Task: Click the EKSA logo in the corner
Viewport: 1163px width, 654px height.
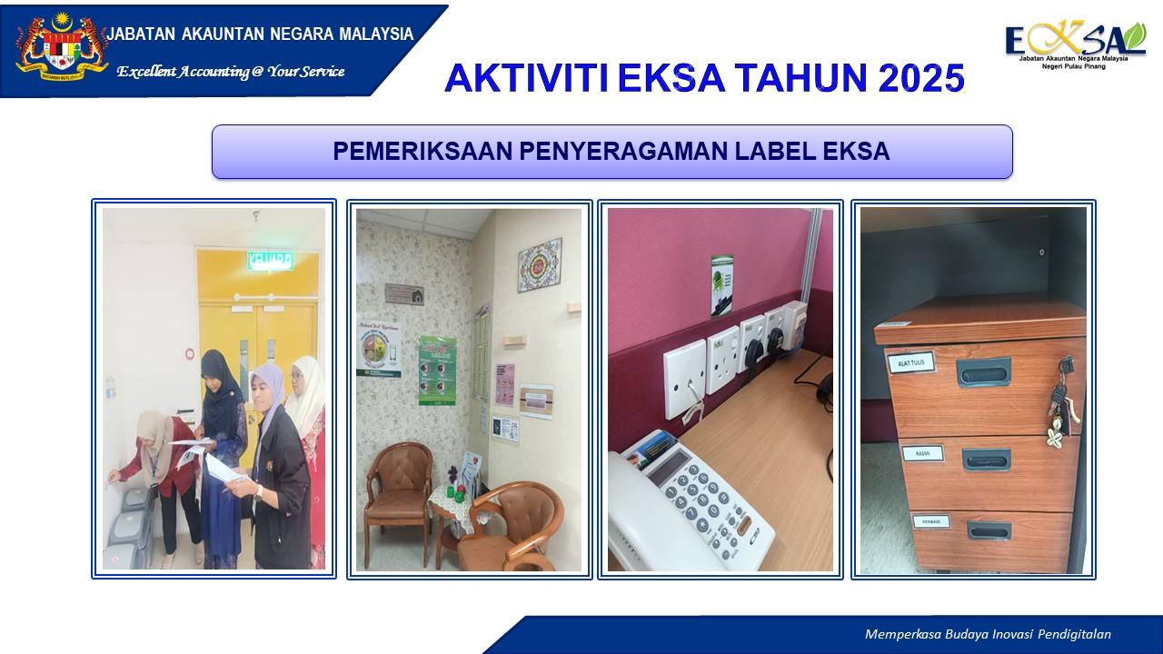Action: pyautogui.click(x=1074, y=44)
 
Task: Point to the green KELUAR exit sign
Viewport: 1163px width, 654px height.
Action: pyautogui.click(x=270, y=262)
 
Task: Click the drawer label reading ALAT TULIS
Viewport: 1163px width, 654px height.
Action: pyautogui.click(x=910, y=363)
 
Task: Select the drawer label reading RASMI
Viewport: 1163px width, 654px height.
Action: pyautogui.click(x=922, y=453)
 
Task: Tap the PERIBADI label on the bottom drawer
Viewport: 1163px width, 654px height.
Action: pyautogui.click(x=930, y=521)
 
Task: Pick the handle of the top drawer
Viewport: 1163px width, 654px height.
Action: pyautogui.click(x=983, y=372)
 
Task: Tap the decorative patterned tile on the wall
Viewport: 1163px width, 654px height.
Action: pyautogui.click(x=540, y=264)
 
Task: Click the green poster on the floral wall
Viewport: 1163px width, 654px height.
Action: pyautogui.click(x=437, y=370)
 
